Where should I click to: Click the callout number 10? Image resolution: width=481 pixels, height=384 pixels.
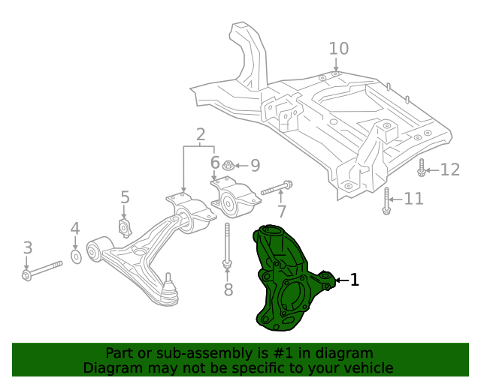(339, 49)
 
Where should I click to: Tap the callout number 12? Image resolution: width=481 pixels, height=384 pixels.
(449, 169)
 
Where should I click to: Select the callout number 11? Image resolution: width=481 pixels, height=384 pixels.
(413, 199)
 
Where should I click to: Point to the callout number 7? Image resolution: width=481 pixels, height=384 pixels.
(281, 211)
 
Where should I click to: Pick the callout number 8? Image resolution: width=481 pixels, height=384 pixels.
(228, 289)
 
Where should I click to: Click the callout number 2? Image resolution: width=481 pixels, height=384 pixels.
(201, 136)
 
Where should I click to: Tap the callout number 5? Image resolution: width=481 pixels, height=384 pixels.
(125, 198)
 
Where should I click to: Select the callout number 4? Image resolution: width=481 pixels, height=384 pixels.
(75, 228)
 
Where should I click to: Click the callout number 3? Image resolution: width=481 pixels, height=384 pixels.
(27, 247)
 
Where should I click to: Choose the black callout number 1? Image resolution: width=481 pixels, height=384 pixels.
(355, 280)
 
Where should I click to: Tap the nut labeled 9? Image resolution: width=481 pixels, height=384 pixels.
(231, 164)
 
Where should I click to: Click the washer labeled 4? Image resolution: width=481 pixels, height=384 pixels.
(76, 257)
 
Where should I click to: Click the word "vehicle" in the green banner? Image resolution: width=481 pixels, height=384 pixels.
(368, 367)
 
